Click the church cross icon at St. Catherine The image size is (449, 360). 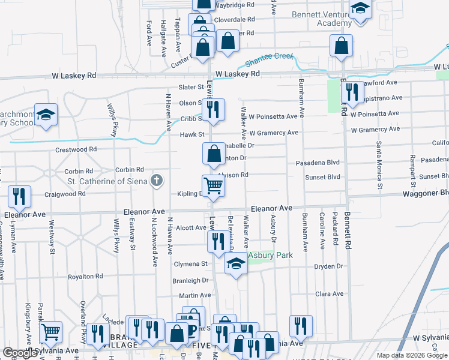(x=157, y=179)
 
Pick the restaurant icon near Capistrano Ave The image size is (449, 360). (x=351, y=92)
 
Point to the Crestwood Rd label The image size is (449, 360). (x=76, y=149)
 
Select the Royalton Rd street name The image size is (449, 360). (x=85, y=277)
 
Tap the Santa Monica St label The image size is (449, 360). (x=380, y=165)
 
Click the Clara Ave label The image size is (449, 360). (x=330, y=294)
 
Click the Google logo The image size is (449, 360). (x=20, y=353)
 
